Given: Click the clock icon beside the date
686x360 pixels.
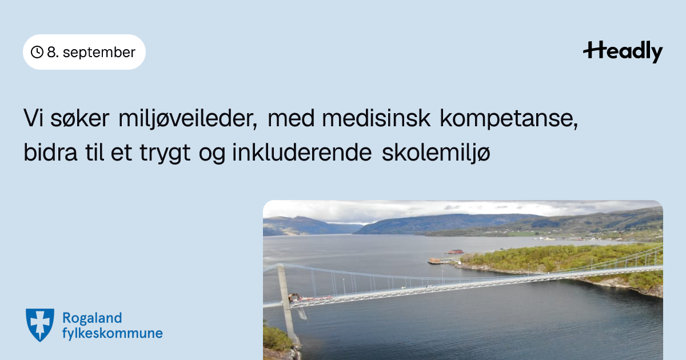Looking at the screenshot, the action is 37,52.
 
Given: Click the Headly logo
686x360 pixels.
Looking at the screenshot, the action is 623,51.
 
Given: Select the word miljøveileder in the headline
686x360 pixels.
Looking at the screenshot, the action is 188,118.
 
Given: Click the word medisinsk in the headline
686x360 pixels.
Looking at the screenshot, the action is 376,118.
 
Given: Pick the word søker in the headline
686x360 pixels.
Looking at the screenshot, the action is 79,118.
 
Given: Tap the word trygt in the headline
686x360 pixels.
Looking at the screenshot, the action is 165,153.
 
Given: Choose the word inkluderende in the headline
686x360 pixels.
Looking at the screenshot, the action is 302,151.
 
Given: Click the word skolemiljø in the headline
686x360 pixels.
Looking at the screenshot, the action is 436,153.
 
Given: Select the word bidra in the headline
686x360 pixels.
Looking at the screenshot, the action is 50,151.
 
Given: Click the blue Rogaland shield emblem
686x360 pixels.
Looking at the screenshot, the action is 40,325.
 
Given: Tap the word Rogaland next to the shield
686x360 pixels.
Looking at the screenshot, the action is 92,319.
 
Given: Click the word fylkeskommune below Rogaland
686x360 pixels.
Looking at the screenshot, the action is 113,333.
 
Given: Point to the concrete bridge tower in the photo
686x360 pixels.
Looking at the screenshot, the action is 287,303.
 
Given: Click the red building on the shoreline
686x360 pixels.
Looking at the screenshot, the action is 456,251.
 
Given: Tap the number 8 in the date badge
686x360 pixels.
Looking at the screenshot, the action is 51,52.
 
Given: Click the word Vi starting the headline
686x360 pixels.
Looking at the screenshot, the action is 33,118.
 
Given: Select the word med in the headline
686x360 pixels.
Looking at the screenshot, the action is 291,118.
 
